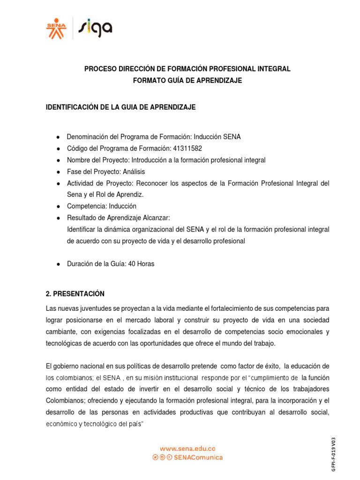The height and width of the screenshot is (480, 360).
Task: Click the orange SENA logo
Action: (56, 28)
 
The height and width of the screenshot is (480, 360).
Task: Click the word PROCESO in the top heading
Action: (100, 69)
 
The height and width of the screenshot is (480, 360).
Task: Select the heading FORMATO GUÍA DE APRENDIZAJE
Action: (187, 81)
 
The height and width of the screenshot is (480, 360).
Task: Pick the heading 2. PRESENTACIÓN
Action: (75, 294)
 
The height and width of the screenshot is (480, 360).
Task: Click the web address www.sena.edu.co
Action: (187, 449)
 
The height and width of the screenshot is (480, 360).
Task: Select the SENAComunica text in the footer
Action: (199, 457)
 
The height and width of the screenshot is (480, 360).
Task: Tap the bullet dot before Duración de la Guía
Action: (58, 264)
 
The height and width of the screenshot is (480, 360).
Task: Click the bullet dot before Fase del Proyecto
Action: (58, 172)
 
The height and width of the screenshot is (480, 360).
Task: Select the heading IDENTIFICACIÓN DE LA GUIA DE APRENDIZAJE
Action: (120, 107)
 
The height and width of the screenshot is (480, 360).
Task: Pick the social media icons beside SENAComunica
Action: (163, 457)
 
